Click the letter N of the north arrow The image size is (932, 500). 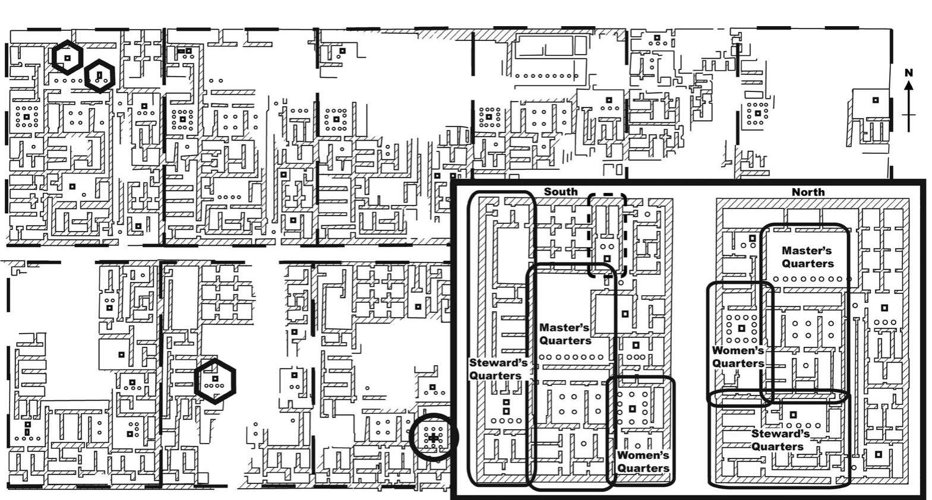click(x=908, y=72)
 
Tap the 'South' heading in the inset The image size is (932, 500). click(x=560, y=191)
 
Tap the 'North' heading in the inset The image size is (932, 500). click(x=808, y=192)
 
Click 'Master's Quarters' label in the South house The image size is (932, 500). click(x=565, y=334)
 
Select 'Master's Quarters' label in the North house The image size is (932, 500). click(x=807, y=257)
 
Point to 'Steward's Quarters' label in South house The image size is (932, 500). click(x=498, y=369)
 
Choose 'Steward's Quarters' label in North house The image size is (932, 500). click(x=779, y=440)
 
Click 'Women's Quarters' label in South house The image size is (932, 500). click(x=643, y=461)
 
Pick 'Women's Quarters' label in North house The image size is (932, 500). click(x=738, y=357)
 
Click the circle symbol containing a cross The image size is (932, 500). click(x=434, y=438)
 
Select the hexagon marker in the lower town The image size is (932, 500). click(x=215, y=381)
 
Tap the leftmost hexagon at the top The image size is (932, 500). click(x=68, y=58)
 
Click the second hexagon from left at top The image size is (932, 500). click(x=99, y=75)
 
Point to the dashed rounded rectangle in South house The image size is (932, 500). click(x=607, y=235)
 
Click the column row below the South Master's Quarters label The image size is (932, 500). click(x=571, y=357)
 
